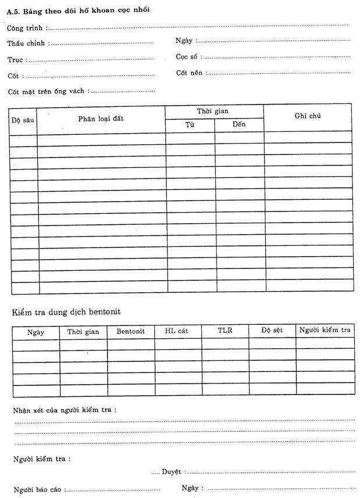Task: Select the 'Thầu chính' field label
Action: coord(27,43)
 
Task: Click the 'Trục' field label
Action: coord(16,59)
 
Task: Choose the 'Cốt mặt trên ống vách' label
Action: coord(46,91)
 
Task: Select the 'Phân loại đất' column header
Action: coord(101,119)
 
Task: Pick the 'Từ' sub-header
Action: coord(190,125)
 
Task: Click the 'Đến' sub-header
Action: coord(239,125)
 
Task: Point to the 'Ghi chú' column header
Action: coord(308,116)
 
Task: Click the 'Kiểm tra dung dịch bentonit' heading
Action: coord(66,312)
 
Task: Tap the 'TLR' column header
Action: coord(225,331)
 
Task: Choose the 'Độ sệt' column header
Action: coord(272,331)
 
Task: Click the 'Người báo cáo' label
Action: coord(38,489)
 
